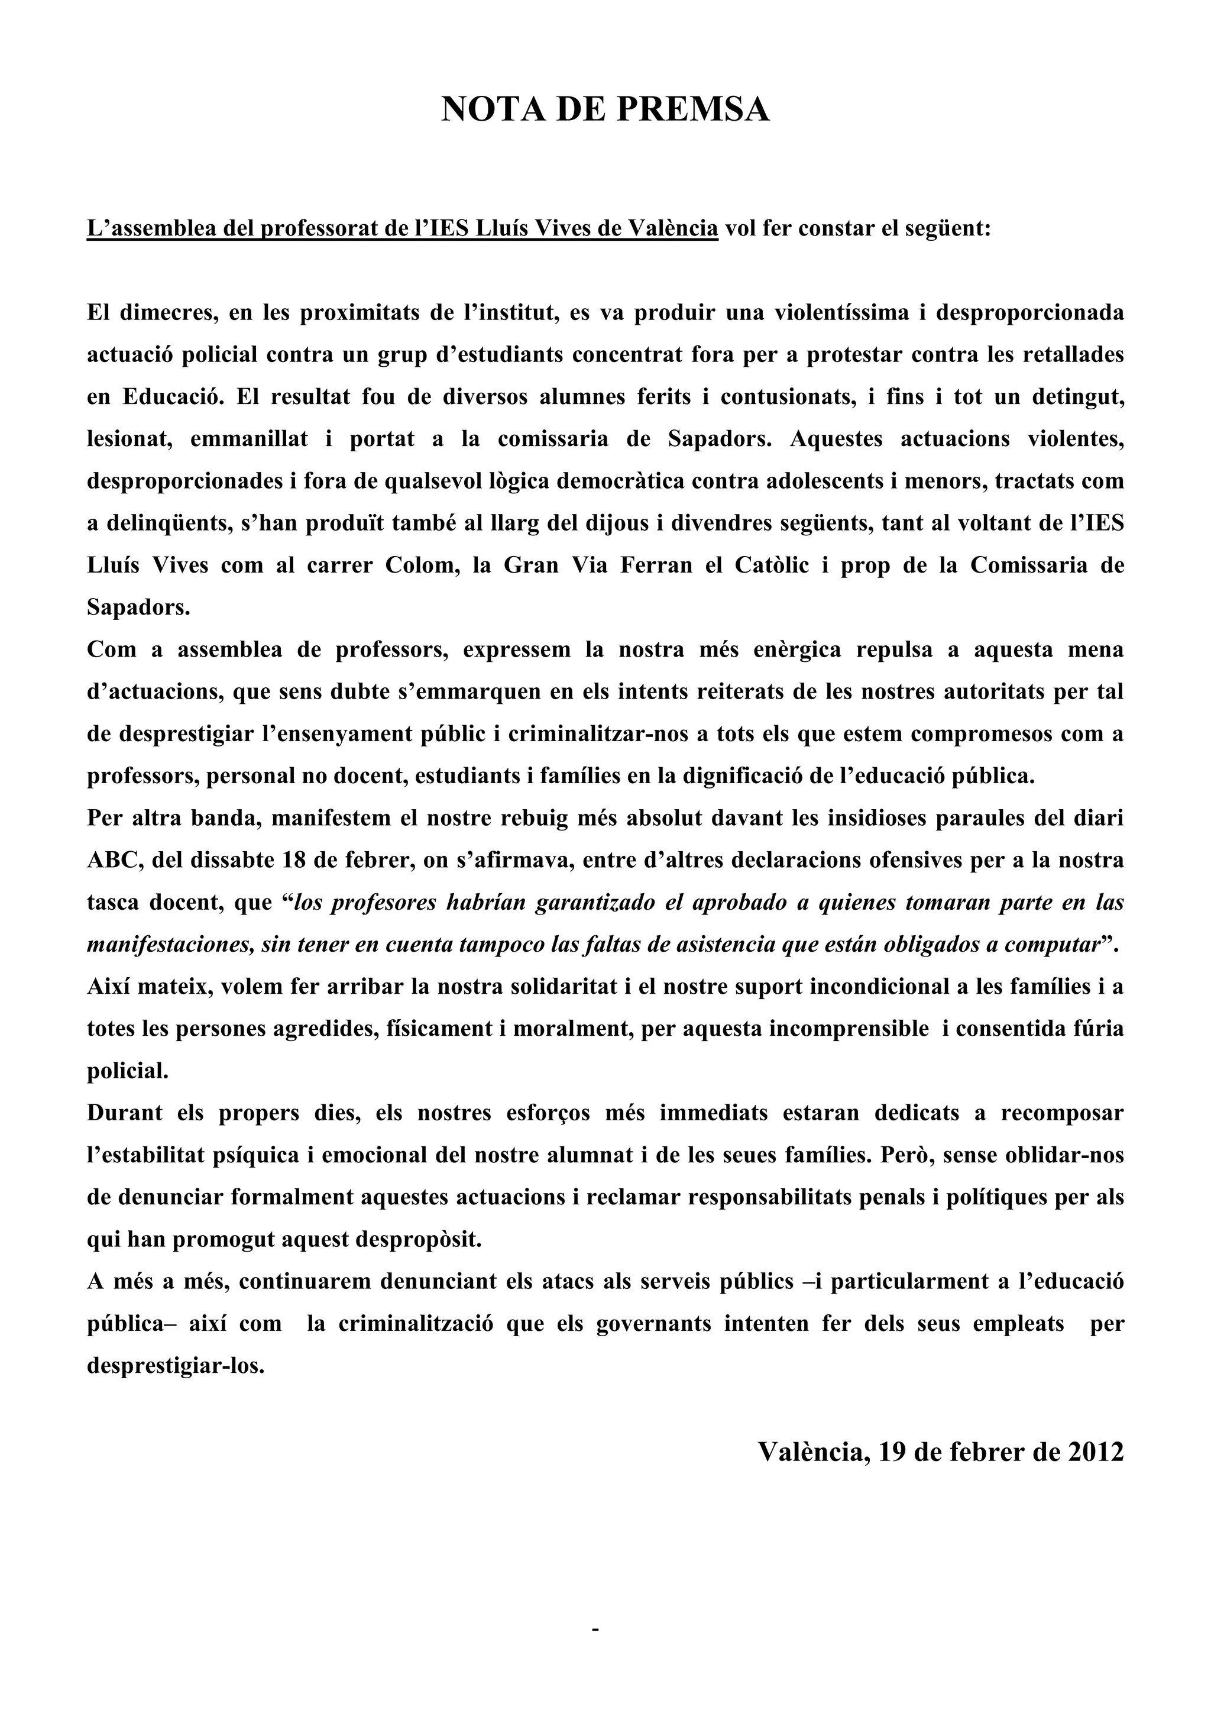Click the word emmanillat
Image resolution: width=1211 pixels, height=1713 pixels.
pyautogui.click(x=249, y=439)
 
